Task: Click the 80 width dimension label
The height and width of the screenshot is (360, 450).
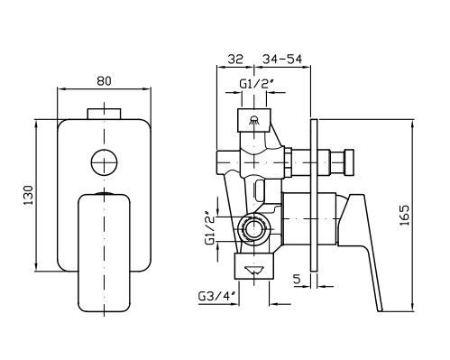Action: click(x=104, y=81)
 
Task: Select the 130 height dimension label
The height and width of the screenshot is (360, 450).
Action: click(x=29, y=196)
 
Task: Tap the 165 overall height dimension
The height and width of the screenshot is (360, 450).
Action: click(x=405, y=216)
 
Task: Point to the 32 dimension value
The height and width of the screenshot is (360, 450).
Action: click(x=235, y=60)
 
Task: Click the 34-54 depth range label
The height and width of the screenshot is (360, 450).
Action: click(x=282, y=60)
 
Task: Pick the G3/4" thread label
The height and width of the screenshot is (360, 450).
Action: click(x=216, y=297)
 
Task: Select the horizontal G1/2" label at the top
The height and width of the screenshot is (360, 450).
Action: click(x=256, y=84)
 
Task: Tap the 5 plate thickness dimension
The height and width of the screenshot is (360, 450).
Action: click(x=297, y=280)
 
